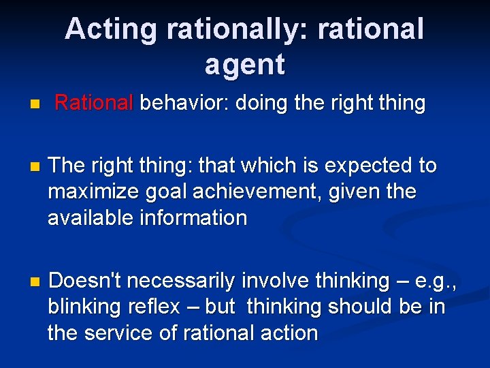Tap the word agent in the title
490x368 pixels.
[244, 65]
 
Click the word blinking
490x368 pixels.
[84, 307]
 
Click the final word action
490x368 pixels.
[287, 333]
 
